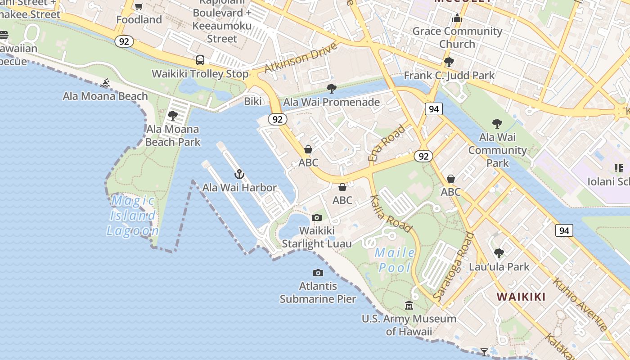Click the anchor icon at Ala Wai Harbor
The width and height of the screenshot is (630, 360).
click(239, 174)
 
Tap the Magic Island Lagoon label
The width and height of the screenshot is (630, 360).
click(133, 216)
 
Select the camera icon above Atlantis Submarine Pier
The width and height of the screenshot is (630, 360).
click(318, 273)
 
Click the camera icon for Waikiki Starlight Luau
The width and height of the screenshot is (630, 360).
click(317, 218)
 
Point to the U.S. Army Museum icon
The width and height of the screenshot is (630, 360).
click(409, 306)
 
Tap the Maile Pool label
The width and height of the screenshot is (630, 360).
click(395, 260)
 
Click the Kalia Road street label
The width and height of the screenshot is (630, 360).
click(391, 213)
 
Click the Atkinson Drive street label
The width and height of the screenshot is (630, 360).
click(301, 58)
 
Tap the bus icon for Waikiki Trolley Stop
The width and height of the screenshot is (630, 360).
click(200, 60)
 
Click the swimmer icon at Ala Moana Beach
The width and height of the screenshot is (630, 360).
click(106, 83)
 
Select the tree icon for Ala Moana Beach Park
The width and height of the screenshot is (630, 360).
click(173, 116)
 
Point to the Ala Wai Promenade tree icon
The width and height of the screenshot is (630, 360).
click(332, 88)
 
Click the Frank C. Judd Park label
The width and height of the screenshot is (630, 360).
click(449, 75)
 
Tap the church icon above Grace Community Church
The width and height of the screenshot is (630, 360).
click(457, 18)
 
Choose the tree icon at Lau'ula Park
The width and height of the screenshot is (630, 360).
click(499, 253)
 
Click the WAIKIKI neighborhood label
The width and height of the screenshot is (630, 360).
click(521, 297)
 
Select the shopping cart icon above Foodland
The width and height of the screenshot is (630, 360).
click(139, 7)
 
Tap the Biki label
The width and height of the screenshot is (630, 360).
click(252, 101)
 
